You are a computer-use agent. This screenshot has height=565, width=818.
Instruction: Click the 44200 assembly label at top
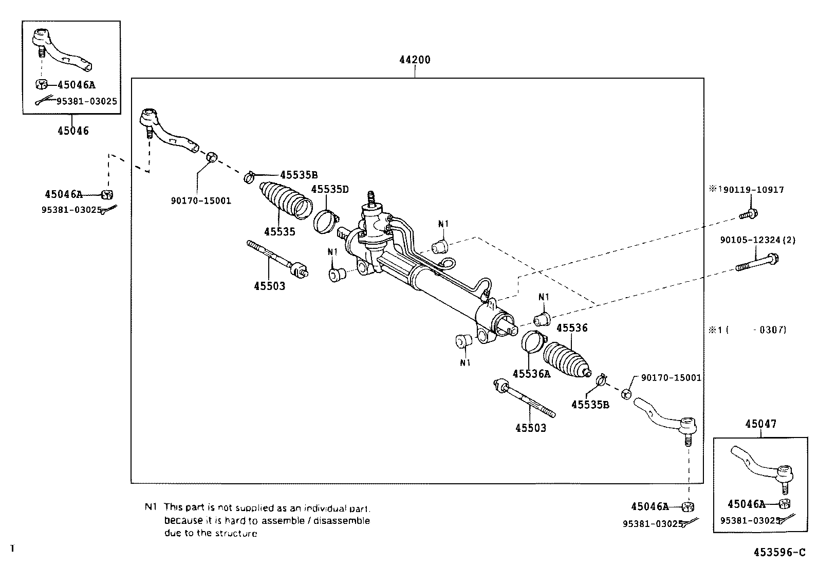pos(415,60)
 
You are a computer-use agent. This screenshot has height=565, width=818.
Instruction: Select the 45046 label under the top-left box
pos(73,131)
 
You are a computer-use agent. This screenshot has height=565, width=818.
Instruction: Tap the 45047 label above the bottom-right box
pos(761,424)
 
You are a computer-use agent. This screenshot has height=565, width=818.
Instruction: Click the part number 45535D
pos(330,189)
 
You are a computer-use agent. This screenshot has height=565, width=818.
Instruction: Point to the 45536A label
pos(531,374)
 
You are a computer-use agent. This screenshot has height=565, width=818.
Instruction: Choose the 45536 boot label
pos(572,328)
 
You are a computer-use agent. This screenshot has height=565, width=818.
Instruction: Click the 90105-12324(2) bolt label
pos(757,240)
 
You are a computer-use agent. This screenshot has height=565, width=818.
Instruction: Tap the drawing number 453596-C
pos(779,553)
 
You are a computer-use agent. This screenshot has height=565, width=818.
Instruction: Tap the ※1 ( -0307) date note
pos(748,330)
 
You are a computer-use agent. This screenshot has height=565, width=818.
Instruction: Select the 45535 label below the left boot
pos(280,232)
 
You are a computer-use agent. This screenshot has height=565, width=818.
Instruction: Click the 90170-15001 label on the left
pos(201,200)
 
